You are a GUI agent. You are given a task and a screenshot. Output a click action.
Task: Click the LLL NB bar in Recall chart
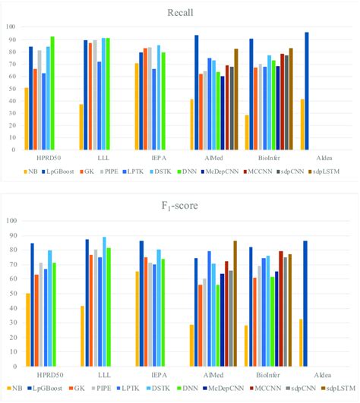click(81, 127)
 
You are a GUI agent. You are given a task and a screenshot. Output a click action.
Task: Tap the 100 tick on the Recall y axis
click(11, 27)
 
